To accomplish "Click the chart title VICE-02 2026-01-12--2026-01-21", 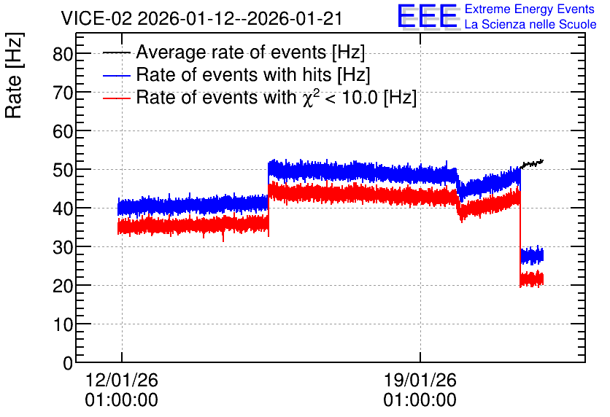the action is [x=201, y=18].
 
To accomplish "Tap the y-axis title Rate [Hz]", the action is [x=14, y=75].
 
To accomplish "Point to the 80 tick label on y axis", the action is [x=63, y=54].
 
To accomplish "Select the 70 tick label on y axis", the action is [x=63, y=93].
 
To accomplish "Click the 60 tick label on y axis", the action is [x=63, y=131].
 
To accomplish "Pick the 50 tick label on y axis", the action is [x=63, y=170].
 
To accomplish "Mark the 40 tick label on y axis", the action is [x=63, y=208].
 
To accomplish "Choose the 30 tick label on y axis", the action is [x=63, y=247].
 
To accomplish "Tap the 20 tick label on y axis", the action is [x=63, y=286].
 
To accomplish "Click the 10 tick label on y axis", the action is [x=63, y=324].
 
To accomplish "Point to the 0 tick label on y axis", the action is [x=68, y=363].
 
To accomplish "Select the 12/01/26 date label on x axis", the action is [x=121, y=380].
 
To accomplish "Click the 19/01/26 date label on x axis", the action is [x=420, y=380].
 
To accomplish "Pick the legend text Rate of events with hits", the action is [x=233, y=74].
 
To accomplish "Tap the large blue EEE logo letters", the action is [x=428, y=17].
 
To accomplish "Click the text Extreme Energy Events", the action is [x=530, y=9].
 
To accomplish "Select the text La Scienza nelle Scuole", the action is [x=530, y=24].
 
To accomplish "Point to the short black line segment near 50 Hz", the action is [x=532, y=164].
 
